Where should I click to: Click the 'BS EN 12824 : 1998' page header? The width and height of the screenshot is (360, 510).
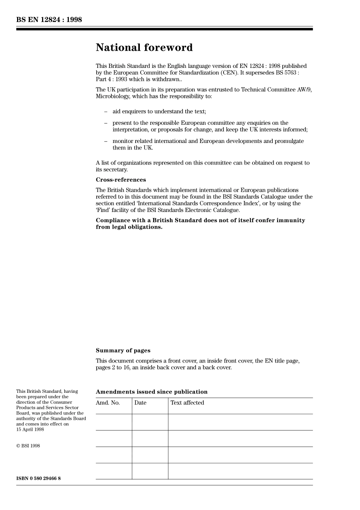[x=49, y=20]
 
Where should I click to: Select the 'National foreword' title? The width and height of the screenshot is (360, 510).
[x=144, y=48]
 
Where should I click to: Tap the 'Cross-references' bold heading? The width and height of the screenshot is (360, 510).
[x=121, y=180]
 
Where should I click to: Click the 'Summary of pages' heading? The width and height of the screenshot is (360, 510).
[x=123, y=351]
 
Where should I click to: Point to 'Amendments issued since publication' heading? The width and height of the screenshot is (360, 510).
[x=152, y=392]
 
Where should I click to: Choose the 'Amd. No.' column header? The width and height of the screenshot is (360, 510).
[x=108, y=403]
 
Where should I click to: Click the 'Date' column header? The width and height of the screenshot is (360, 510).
[x=140, y=403]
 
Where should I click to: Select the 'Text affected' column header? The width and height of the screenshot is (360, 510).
[x=187, y=403]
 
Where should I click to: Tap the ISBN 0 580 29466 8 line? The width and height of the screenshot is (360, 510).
[x=38, y=479]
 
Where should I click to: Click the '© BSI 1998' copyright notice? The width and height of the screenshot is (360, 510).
[x=28, y=446]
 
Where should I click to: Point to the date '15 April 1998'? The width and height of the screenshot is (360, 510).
[x=30, y=430]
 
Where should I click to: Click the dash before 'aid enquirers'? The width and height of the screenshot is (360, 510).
[x=106, y=111]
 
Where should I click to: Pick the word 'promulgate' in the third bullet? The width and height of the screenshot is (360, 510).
[x=290, y=141]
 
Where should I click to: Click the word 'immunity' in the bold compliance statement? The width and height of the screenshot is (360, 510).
[x=292, y=220]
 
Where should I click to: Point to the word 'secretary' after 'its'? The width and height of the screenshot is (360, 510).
[x=115, y=170]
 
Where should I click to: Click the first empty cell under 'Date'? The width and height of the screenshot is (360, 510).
[x=150, y=422]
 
